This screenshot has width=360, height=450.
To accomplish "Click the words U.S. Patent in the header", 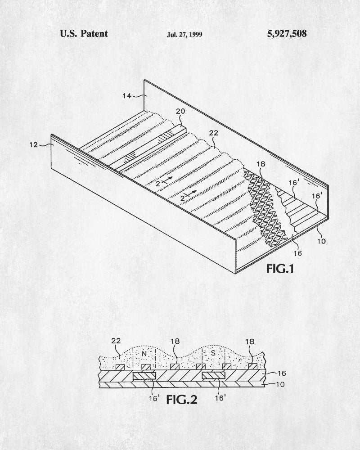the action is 84,34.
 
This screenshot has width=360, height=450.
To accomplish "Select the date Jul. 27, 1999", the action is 184,35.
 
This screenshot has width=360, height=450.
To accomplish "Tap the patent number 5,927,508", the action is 287,34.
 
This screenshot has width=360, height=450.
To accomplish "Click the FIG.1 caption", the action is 280,269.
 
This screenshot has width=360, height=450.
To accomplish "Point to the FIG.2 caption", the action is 182,400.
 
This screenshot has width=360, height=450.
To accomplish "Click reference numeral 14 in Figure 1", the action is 127,95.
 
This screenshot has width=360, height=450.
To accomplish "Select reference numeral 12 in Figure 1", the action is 34,144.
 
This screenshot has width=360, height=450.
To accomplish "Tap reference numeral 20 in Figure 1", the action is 180,111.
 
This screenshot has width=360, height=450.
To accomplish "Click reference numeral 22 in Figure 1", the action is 214,133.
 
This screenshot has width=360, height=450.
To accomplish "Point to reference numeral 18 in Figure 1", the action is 261,164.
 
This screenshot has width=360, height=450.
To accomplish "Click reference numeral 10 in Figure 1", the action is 322,241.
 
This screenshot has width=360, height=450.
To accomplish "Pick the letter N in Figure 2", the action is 144,354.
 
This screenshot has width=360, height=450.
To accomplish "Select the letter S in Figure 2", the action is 213,353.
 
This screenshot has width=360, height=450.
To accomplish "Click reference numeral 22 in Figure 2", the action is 116,341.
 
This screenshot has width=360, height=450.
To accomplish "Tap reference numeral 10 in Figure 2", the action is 280,384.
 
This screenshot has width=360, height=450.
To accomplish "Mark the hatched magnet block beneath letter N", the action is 144,376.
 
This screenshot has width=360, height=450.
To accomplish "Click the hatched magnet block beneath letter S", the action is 213,376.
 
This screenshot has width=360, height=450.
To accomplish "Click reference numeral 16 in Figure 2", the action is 282,373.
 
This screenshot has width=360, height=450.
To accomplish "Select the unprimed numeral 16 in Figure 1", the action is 298,253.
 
